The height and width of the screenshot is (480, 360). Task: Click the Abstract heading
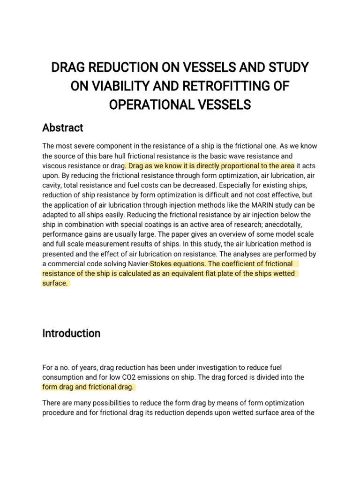point(63,127)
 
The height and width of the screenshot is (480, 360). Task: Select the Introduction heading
point(71,333)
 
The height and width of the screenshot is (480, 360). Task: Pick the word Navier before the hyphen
point(134,264)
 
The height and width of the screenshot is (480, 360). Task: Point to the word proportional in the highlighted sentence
point(238,165)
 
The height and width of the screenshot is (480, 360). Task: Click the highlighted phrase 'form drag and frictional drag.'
point(88,387)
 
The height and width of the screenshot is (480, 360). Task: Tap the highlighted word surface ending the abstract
point(55,284)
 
